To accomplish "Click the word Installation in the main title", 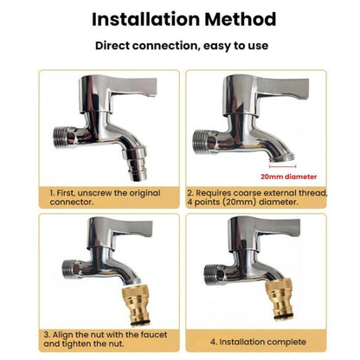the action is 145,20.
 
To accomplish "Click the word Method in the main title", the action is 241,20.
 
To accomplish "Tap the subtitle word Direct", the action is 112,46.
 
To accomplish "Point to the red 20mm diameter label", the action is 288,177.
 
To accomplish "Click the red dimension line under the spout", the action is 282,166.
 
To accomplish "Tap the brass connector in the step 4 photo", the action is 280,300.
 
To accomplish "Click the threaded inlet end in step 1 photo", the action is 61,138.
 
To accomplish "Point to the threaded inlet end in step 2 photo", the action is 201,141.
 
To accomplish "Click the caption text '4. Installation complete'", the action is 258,342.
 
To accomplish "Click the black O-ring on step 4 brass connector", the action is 283,318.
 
